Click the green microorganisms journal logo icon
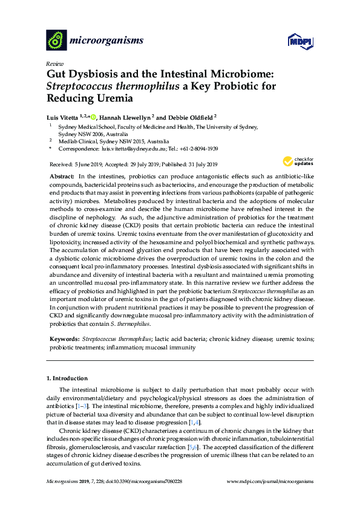pyautogui.click(x=56, y=41)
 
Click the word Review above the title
pyautogui.click(x=55, y=63)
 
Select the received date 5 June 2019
pyautogui.click(x=85, y=164)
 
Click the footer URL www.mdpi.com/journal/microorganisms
pyautogui.click(x=270, y=481)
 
